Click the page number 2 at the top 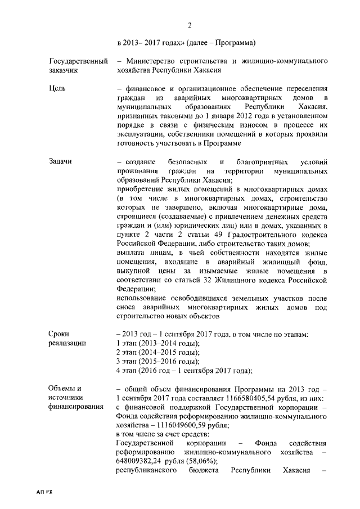[190, 25]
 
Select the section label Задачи [61, 161]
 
